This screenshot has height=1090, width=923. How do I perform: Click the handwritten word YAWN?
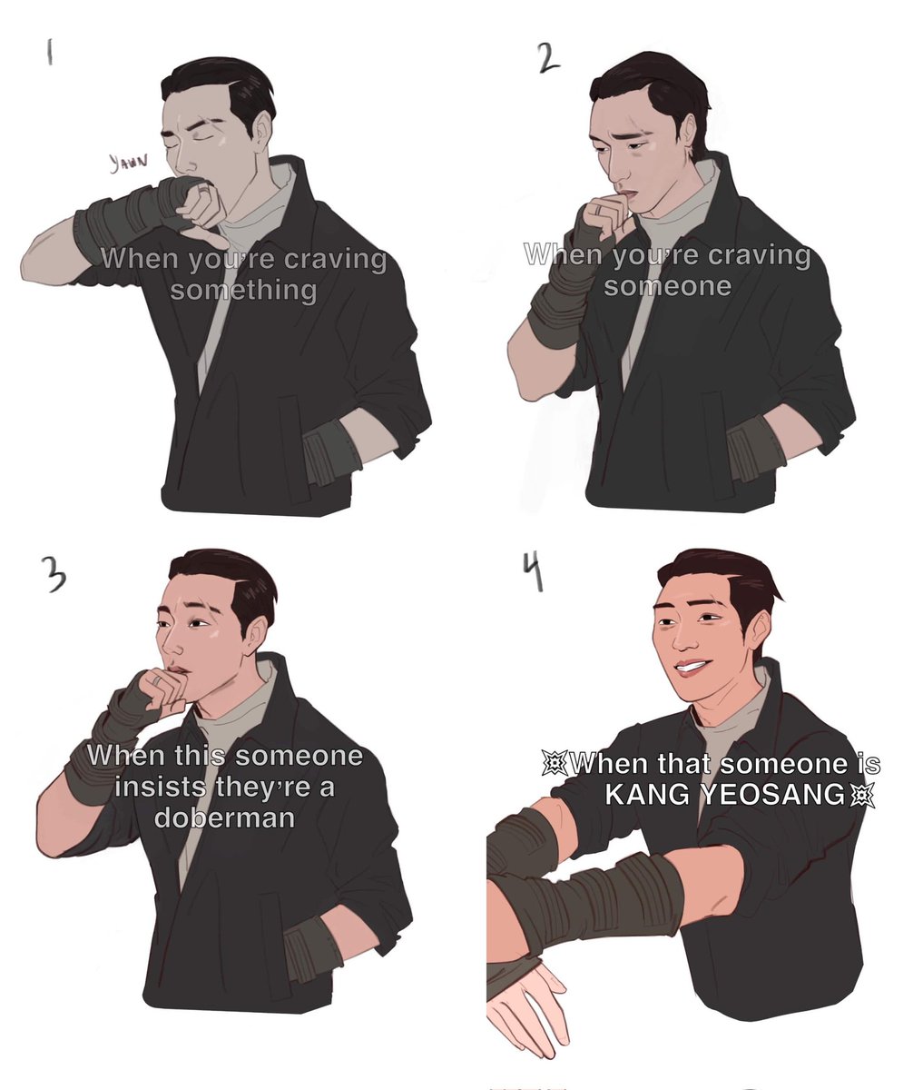[128, 162]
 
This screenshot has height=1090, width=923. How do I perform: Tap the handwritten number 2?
[548, 58]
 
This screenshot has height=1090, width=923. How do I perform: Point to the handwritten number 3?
[56, 577]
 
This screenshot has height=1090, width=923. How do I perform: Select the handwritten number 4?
[536, 574]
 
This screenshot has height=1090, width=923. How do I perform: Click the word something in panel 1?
[243, 291]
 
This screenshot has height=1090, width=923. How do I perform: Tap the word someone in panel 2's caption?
[667, 287]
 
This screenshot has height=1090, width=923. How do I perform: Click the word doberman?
[224, 817]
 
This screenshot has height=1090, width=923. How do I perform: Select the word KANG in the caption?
[647, 795]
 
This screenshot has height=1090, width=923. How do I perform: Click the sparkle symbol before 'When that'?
[555, 764]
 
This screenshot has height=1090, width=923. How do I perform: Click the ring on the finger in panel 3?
[156, 682]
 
